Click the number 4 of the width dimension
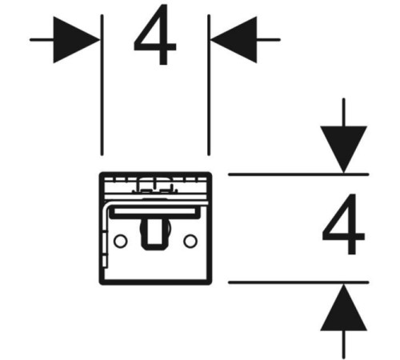(x=154, y=34)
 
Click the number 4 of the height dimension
(x=343, y=224)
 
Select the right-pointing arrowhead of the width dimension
(x=77, y=40)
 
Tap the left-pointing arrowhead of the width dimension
(x=234, y=40)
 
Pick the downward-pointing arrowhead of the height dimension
(x=344, y=150)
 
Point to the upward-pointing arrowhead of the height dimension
(x=344, y=307)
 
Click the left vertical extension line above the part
(x=102, y=85)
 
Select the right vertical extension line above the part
(x=209, y=85)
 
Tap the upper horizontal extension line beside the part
(x=298, y=174)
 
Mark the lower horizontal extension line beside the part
(x=298, y=282)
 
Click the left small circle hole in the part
(x=120, y=241)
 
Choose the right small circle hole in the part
(x=190, y=241)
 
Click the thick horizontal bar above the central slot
(x=155, y=213)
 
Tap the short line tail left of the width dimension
(x=42, y=40)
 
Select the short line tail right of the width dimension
(x=268, y=40)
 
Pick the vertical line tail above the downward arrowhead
(x=344, y=113)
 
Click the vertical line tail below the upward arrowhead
(x=344, y=344)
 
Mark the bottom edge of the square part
(x=155, y=282)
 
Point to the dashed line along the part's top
(x=155, y=178)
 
